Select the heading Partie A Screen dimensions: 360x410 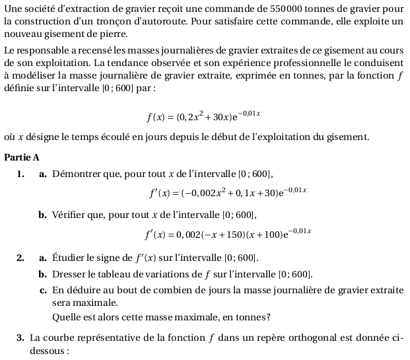click(22, 157)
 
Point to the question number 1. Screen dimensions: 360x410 click(21, 174)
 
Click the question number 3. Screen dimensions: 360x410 click(20, 339)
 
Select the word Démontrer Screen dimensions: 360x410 click(75, 174)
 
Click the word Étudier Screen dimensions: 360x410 click(69, 257)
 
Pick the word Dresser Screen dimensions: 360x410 click(69, 273)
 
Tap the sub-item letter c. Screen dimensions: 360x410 click(42, 290)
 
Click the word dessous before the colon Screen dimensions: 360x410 click(48, 351)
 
